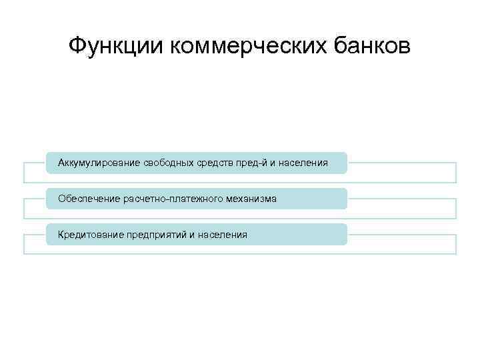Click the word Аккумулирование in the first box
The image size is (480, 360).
pos(99,163)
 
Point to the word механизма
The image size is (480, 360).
pos(251,199)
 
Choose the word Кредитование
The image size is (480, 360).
pos(90,235)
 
